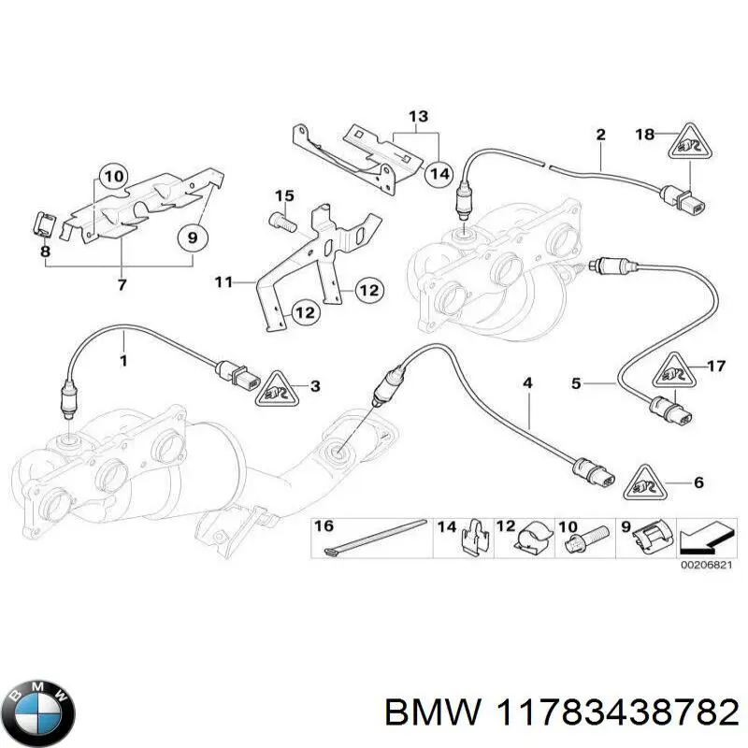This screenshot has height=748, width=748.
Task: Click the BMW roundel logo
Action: (42, 712)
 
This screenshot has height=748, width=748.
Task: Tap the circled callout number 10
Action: (113, 177)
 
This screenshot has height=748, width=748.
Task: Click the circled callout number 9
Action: (193, 237)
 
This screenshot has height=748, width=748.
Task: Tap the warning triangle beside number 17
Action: (675, 371)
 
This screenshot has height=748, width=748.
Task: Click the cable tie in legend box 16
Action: (374, 537)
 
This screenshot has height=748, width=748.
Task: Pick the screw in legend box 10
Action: (586, 540)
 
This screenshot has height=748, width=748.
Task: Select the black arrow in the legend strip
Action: (703, 539)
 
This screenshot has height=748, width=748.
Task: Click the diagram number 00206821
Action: (706, 566)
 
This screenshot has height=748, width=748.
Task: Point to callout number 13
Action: (418, 117)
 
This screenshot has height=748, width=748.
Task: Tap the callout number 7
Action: (122, 285)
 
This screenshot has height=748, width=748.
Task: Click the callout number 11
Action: (223, 282)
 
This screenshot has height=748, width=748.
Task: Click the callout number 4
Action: (527, 383)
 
